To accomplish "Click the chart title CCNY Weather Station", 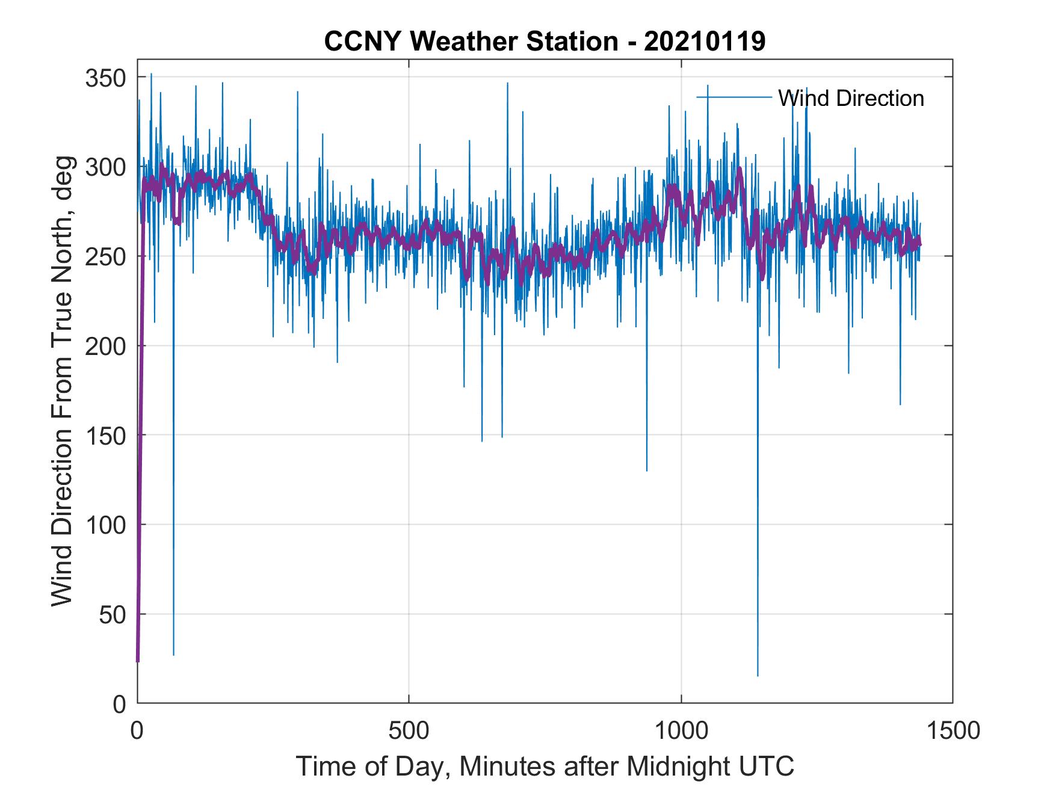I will (x=471, y=42).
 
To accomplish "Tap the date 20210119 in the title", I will (x=705, y=42).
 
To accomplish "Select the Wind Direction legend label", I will (x=851, y=98).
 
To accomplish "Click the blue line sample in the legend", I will (x=733, y=97).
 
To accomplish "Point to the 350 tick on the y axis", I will (x=106, y=78).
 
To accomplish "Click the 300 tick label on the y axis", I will (x=106, y=167).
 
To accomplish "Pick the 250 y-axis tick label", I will (x=106, y=256).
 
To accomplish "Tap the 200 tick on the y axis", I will (x=106, y=346).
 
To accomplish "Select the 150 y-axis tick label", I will (x=106, y=435).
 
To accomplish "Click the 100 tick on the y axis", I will (x=106, y=525).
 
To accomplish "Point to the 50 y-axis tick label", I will (x=113, y=614).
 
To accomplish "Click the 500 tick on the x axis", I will (x=409, y=730).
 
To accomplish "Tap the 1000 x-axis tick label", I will (x=681, y=730).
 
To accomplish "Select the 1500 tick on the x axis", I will (x=953, y=730).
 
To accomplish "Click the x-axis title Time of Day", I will (x=545, y=767).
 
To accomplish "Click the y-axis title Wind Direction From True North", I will (x=62, y=381).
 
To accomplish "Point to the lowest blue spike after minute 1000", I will (x=758, y=676).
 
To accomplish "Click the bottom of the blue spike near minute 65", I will (x=173, y=655).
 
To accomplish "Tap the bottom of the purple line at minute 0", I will (x=138, y=661).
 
